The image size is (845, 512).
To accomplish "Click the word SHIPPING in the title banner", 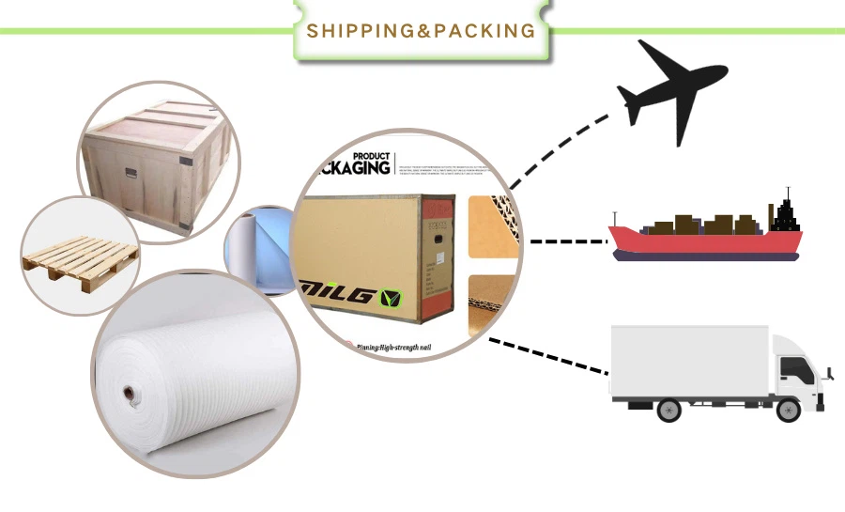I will click(x=360, y=30).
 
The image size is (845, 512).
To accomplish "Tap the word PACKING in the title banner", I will click(x=484, y=30).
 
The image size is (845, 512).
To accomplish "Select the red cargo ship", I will click(x=704, y=240).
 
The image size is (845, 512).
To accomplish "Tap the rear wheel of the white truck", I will click(x=668, y=409).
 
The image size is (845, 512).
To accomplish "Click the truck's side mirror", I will click(x=826, y=375).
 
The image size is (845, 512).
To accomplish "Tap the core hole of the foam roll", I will click(x=127, y=391).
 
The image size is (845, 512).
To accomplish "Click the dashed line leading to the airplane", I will click(x=563, y=141).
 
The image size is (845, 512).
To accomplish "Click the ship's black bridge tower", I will click(x=785, y=214).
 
